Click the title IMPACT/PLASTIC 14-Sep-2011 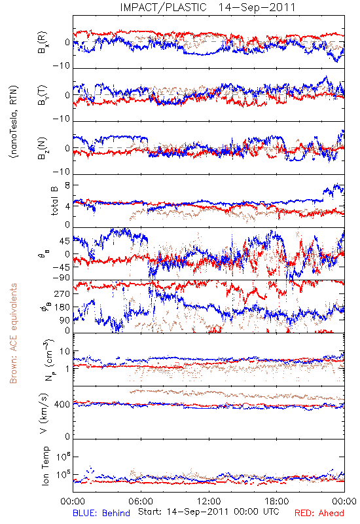tap(207, 7)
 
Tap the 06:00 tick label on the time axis tap(141, 501)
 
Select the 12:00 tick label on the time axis tap(209, 501)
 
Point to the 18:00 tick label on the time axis tap(277, 501)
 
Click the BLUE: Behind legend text tap(101, 513)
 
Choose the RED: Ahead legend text tap(319, 513)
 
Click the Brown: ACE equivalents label tap(13, 333)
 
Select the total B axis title tap(54, 200)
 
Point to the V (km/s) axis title tap(44, 413)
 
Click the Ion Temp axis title tap(45, 466)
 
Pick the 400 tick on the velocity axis tap(62, 405)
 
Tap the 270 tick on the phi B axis tap(62, 294)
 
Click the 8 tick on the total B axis tap(67, 185)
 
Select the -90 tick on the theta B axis tap(62, 278)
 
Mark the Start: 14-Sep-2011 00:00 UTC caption tap(208, 512)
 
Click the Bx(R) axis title tap(43, 43)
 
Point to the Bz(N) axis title tap(43, 149)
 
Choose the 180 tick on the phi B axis tap(62, 307)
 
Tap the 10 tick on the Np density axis tap(65, 352)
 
